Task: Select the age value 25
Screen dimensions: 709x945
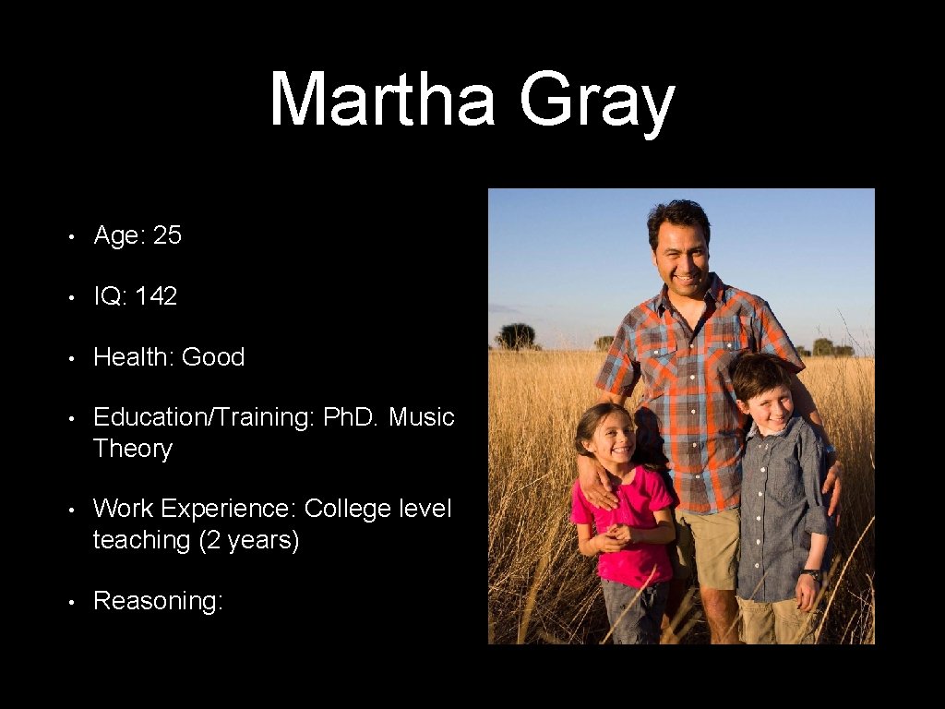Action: point(167,235)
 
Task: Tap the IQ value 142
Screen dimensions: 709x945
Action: point(156,296)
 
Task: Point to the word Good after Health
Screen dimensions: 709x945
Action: point(213,357)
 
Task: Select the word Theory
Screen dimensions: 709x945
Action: point(132,449)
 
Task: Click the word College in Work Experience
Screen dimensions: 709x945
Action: point(349,509)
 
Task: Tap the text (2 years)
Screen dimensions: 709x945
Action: point(249,540)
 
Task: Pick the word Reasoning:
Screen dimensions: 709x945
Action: point(158,601)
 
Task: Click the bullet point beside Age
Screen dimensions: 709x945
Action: point(70,237)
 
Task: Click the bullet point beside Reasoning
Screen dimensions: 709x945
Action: point(70,602)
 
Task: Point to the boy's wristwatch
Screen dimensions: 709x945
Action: point(811,575)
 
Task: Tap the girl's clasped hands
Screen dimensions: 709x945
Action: point(619,535)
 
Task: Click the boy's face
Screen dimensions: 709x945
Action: point(767,399)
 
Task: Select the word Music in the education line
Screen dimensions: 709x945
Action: point(421,417)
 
